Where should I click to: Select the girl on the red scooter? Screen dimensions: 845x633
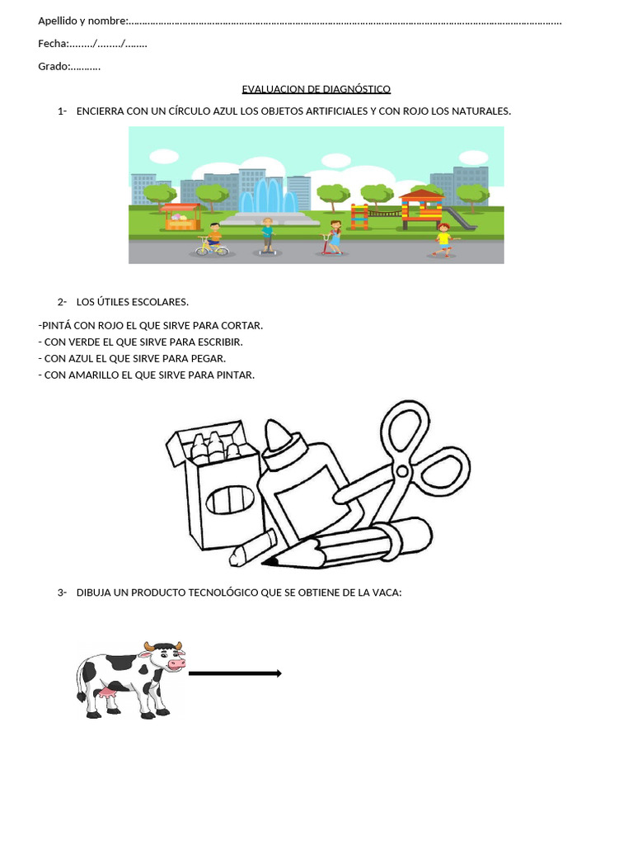point(334,237)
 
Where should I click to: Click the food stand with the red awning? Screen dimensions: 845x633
point(181,216)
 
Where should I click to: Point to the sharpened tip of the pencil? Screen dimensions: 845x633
point(270,562)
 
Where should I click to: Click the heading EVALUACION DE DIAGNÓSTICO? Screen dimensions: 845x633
point(316,89)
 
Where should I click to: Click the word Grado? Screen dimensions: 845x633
point(53,66)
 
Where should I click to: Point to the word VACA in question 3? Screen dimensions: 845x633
point(384,592)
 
